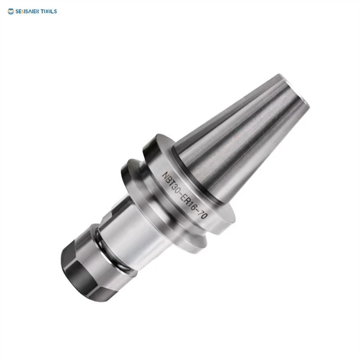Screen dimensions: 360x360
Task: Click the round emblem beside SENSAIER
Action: [10, 11]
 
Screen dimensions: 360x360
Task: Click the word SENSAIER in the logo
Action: [28, 11]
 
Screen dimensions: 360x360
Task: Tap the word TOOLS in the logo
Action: [49, 11]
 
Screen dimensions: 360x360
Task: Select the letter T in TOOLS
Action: [43, 11]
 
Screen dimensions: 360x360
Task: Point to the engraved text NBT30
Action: [170, 182]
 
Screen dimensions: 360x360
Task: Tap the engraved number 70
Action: [202, 215]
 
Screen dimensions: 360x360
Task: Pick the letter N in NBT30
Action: [165, 176]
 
